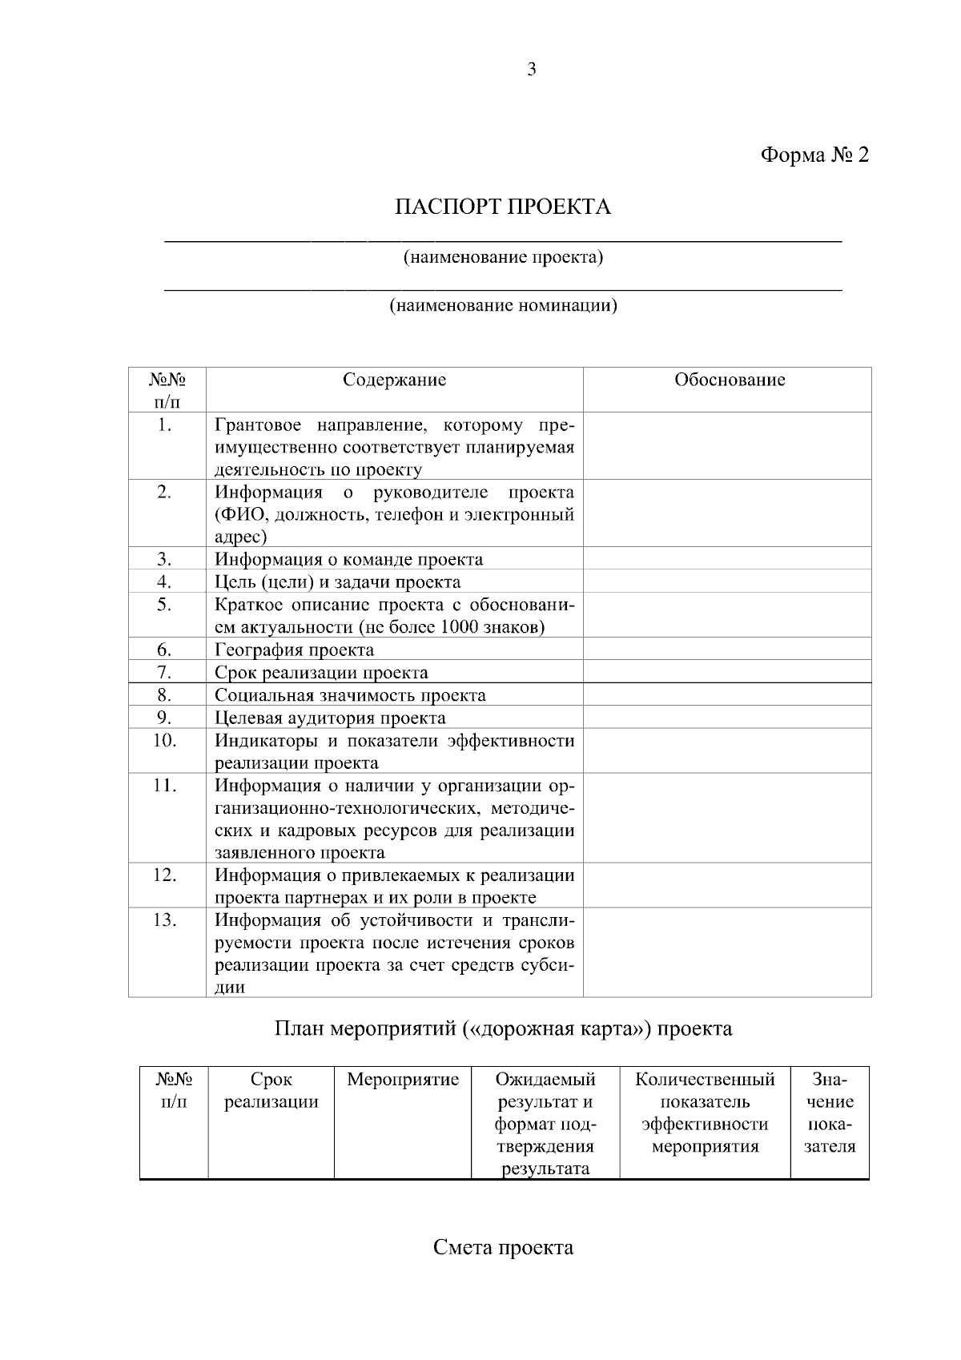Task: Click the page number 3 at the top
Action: [x=531, y=70]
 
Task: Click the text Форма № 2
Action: [x=814, y=155]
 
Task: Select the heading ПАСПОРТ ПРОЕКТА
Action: [x=503, y=207]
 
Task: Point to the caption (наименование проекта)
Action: [x=503, y=258]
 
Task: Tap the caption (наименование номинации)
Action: [x=503, y=305]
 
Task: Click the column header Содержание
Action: [x=394, y=380]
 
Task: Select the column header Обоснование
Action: [x=729, y=380]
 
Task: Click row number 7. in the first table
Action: [x=164, y=672]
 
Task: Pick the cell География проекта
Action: [x=294, y=650]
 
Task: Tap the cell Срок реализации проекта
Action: [x=321, y=673]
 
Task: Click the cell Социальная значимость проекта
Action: [x=350, y=695]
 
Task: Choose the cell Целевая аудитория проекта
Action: [x=330, y=718]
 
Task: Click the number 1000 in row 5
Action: [x=459, y=627]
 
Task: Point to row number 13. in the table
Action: [x=164, y=919]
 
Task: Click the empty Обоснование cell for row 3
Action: [x=726, y=559]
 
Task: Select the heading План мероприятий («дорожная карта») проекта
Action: [x=503, y=1028]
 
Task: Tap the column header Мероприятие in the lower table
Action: [x=403, y=1080]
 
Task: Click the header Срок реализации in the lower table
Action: [x=271, y=1091]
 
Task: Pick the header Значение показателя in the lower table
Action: [x=829, y=1113]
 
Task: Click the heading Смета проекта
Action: [x=503, y=1248]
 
